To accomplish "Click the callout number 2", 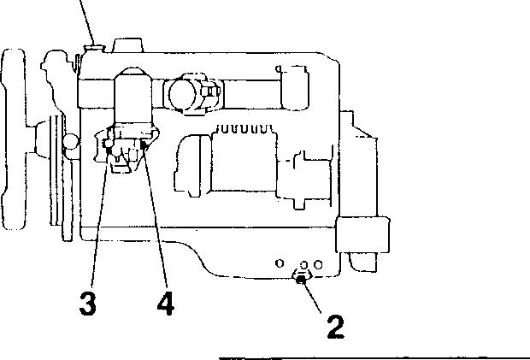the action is point(333,326).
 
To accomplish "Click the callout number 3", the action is point(87,304).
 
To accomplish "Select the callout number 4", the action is point(166,304).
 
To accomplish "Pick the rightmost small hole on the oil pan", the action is point(317,263).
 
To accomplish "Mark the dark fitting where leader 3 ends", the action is point(108,151).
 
